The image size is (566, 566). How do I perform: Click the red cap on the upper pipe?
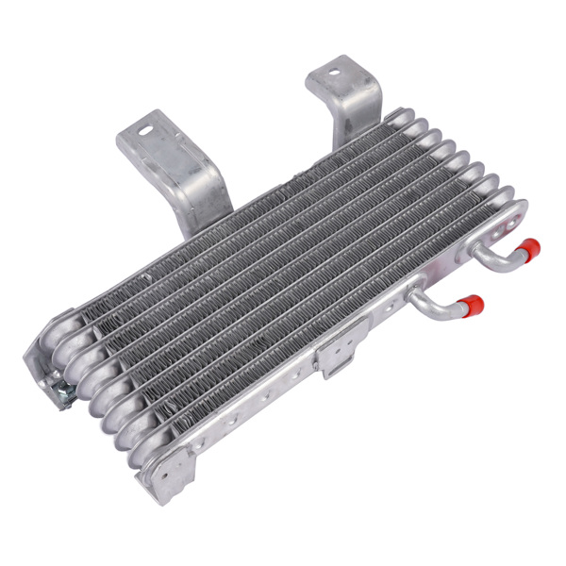[x=529, y=249]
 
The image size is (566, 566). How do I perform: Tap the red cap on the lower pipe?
[x=473, y=305]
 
